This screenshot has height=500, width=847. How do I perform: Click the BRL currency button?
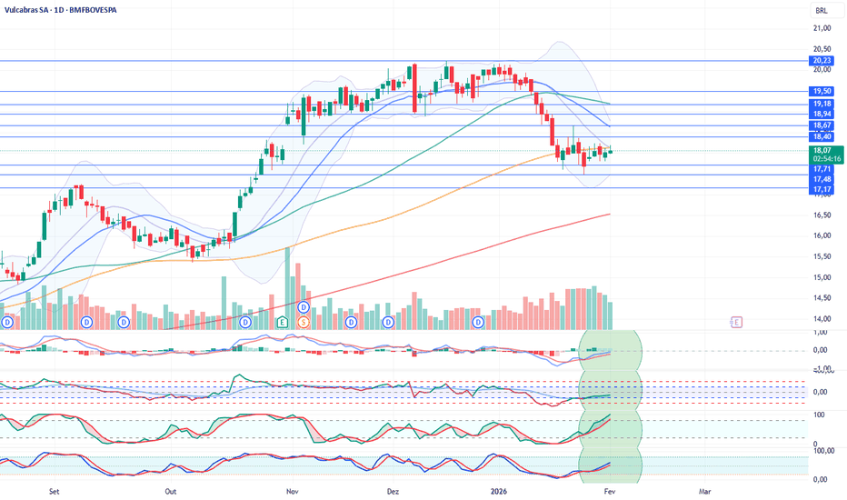pos(822,11)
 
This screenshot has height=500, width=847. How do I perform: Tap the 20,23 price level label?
pos(822,61)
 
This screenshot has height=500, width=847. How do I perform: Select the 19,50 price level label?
pos(822,91)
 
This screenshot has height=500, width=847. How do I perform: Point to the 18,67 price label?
pos(822,125)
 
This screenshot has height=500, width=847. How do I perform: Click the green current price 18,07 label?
pos(822,149)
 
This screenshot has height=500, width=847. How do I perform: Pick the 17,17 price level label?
pos(822,188)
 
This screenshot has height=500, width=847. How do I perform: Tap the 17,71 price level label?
pos(822,168)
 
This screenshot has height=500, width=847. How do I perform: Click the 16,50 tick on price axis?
pos(822,215)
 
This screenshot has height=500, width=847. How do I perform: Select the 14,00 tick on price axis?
pos(822,318)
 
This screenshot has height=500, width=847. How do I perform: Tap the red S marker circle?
pos(304,322)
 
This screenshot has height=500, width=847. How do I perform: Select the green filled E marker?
pos(283,322)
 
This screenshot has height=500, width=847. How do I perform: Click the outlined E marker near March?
pos(736,322)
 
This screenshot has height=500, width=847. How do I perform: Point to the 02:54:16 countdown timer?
pos(822,158)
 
